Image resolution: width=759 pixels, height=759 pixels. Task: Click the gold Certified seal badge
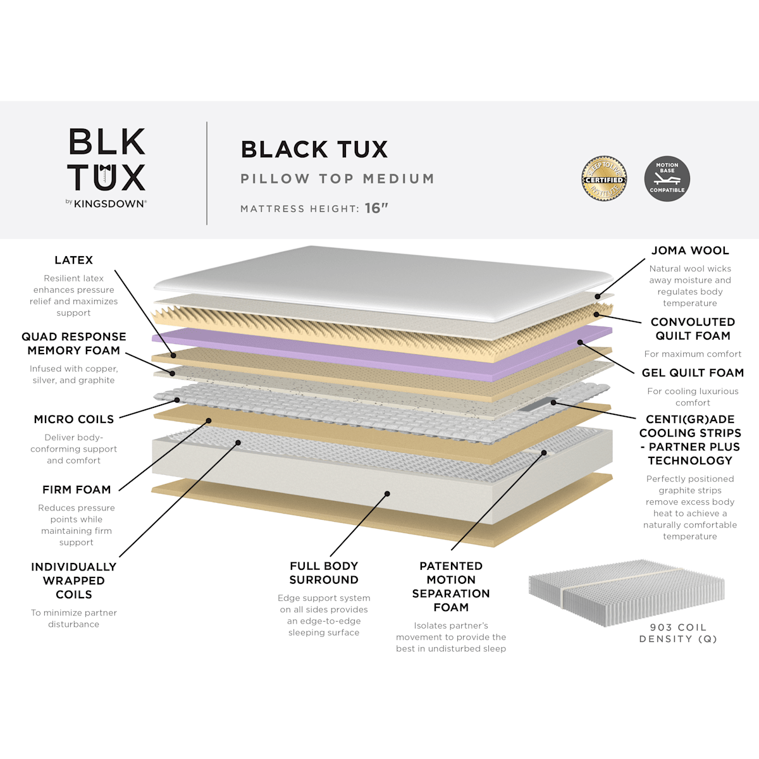click(x=604, y=178)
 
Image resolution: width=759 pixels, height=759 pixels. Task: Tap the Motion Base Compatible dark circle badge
click(x=667, y=178)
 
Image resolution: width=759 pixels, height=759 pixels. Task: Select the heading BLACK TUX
click(x=314, y=149)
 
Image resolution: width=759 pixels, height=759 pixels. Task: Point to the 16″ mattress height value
click(x=376, y=208)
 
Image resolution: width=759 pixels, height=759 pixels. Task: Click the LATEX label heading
click(x=73, y=260)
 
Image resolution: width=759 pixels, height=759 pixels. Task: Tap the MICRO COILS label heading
click(x=73, y=419)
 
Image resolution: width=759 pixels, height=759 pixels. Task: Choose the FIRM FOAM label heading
click(x=77, y=490)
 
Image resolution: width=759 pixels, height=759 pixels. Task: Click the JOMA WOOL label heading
click(x=689, y=250)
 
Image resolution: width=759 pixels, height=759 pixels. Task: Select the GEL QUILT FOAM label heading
click(x=693, y=373)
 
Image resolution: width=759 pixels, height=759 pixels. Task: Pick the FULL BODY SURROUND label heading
click(x=324, y=572)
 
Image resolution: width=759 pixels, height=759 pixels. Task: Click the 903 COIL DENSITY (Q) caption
click(x=678, y=633)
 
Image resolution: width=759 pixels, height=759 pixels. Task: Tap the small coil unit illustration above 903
click(x=626, y=588)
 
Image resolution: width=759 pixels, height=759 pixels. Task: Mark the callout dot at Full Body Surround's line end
click(x=387, y=493)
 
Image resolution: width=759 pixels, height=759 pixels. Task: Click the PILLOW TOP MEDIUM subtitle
click(x=338, y=179)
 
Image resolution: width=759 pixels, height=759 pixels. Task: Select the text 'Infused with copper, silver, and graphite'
click(x=73, y=374)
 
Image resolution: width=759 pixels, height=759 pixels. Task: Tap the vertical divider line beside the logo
click(x=207, y=173)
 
